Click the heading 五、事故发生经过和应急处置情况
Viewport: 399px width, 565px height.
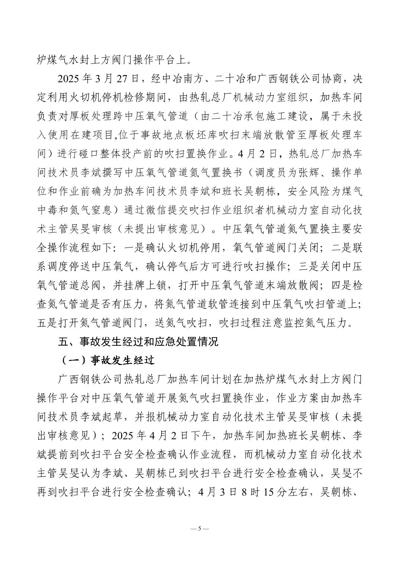tap(138, 341)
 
